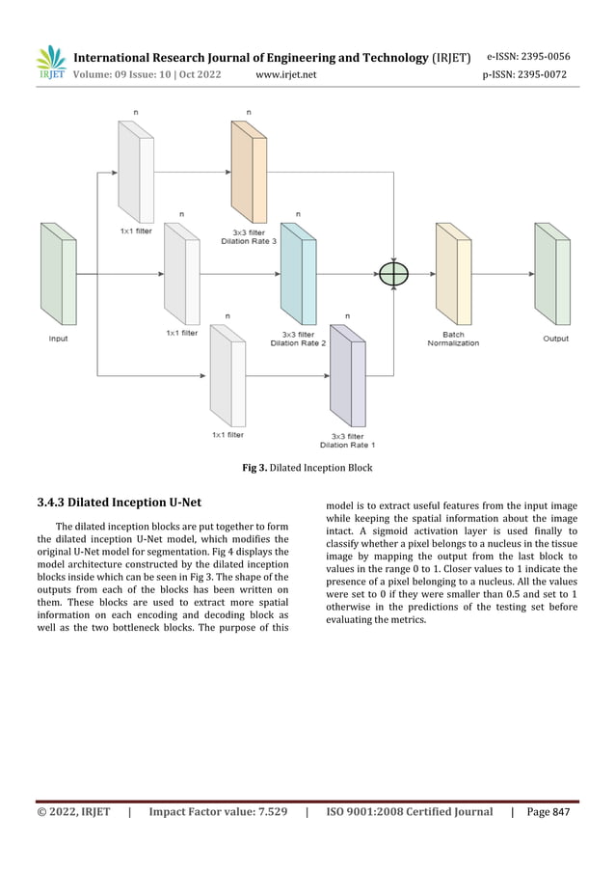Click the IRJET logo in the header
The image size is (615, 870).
coord(49,63)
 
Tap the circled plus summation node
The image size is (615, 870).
coord(393,274)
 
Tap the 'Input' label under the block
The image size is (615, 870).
coord(58,339)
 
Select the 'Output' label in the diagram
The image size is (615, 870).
coord(555,339)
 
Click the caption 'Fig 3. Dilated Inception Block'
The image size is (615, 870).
coord(307,468)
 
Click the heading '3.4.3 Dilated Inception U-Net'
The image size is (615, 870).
coord(120,503)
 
